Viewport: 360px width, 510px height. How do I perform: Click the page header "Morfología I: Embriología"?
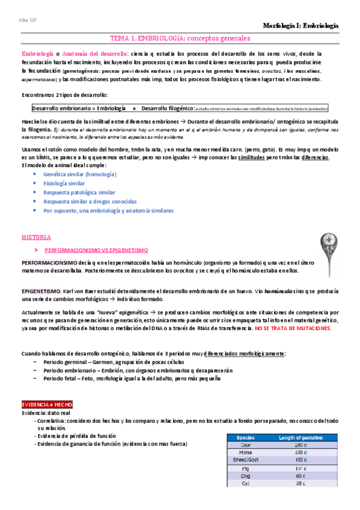tap(301, 26)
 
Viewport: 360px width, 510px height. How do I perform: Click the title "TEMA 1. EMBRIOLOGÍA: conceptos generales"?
tap(180, 38)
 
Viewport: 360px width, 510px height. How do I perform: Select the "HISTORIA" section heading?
tap(37, 237)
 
